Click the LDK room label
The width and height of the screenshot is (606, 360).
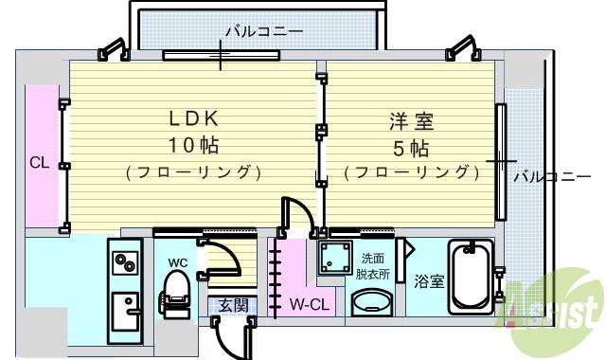tap(194, 118)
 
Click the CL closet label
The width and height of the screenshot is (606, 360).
tap(38, 162)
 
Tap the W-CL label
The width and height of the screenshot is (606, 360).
tap(309, 305)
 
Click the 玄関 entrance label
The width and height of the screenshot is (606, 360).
tap(233, 305)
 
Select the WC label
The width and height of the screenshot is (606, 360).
tap(178, 261)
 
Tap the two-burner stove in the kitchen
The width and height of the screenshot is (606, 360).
tap(126, 262)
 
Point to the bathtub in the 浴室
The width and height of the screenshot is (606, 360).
tap(470, 279)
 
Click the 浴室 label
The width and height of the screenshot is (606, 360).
tap(429, 280)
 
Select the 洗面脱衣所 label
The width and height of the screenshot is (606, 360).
tap(372, 266)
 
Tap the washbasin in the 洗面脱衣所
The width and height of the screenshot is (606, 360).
tap(372, 303)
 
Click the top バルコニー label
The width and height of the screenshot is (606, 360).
tap(263, 32)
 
